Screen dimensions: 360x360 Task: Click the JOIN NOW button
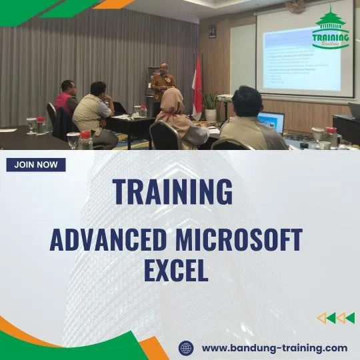(x=36, y=165)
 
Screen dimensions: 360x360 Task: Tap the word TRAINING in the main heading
(x=173, y=192)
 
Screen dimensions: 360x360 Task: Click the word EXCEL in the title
(x=176, y=271)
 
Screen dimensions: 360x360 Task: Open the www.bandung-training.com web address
(x=275, y=348)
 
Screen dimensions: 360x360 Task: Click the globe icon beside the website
(x=186, y=348)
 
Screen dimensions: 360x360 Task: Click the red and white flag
(x=197, y=85)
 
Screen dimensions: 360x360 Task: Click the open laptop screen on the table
(x=271, y=122)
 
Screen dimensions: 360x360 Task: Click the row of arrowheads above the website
(x=335, y=318)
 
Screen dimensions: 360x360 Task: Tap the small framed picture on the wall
(x=212, y=31)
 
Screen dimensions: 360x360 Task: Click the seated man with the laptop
(x=249, y=120)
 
